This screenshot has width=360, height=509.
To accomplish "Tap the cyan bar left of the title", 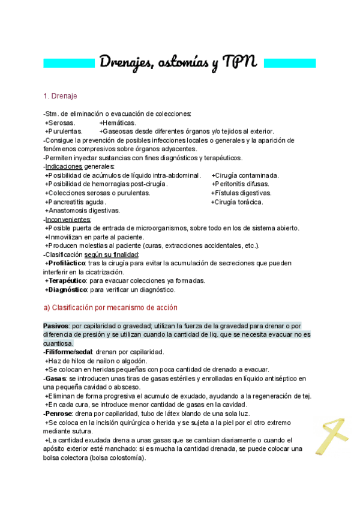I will tap(70, 62).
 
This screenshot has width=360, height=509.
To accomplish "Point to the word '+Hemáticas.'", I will tap(118, 122).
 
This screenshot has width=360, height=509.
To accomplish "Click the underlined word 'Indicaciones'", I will tap(64, 166).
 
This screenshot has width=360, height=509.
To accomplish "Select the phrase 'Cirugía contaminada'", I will tap(247, 175).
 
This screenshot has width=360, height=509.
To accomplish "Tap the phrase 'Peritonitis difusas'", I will tap(243, 184).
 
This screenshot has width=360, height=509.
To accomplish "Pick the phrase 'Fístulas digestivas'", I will tap(243, 193).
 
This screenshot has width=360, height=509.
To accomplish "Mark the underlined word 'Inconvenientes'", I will tap(67, 220).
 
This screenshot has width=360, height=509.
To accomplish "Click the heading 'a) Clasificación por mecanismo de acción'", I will tap(110, 307).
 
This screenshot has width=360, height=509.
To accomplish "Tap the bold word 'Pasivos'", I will tap(56, 325).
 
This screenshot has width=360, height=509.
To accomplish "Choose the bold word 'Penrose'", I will tap(59, 414).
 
